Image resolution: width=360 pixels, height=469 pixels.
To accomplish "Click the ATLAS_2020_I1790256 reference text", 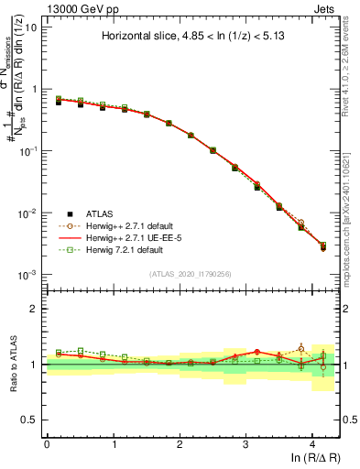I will tap(191, 273).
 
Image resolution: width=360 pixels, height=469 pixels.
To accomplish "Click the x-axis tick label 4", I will tap(312, 442).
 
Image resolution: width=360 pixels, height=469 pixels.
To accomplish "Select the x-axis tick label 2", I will tap(180, 442).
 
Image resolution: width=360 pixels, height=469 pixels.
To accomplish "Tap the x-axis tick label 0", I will tap(47, 442).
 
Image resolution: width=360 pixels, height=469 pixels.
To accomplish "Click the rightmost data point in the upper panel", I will tap(322, 247).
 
